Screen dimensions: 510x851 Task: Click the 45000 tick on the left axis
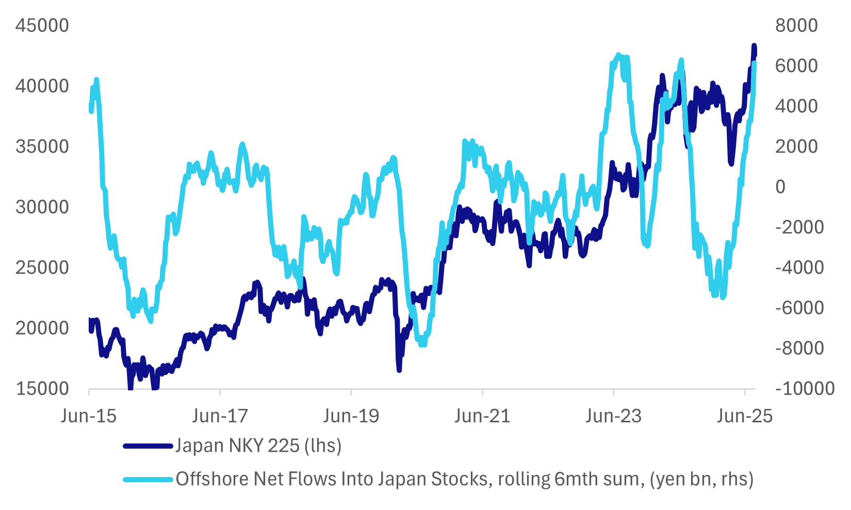click(x=42, y=25)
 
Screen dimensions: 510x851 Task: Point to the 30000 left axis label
click(x=42, y=207)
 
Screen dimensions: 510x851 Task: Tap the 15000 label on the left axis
click(x=42, y=389)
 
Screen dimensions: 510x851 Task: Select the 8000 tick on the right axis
click(x=796, y=25)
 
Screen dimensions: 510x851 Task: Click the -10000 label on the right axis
click(x=805, y=389)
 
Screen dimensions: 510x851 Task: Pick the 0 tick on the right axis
click(x=780, y=187)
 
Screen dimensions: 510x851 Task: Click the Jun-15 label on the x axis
click(x=89, y=416)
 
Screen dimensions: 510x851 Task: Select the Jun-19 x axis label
click(x=351, y=416)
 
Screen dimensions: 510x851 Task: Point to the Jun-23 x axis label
click(x=613, y=416)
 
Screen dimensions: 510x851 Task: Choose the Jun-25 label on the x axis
click(x=745, y=416)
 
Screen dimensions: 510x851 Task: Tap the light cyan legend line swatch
click(x=148, y=480)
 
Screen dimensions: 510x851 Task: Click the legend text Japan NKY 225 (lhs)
click(x=258, y=446)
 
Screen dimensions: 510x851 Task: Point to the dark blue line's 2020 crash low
click(x=399, y=369)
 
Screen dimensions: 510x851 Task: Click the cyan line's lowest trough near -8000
click(x=422, y=344)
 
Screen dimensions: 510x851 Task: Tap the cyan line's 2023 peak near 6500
click(x=618, y=55)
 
